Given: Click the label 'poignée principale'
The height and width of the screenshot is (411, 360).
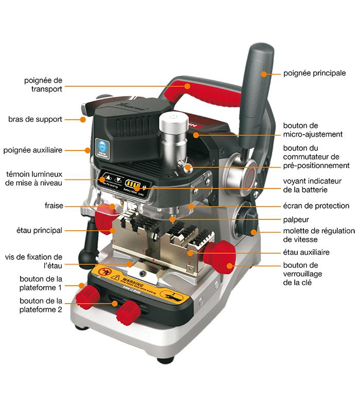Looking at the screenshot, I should pos(314,73).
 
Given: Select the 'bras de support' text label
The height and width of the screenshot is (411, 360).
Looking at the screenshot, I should pos(35,119).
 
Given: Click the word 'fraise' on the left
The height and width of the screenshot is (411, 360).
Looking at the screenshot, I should pos(53,206).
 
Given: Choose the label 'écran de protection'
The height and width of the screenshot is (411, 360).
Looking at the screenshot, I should pos(316,206).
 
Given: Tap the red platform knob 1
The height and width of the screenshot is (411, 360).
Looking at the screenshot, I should pos(87,297).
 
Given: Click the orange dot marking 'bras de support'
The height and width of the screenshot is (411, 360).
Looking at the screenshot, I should pos(82,120).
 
